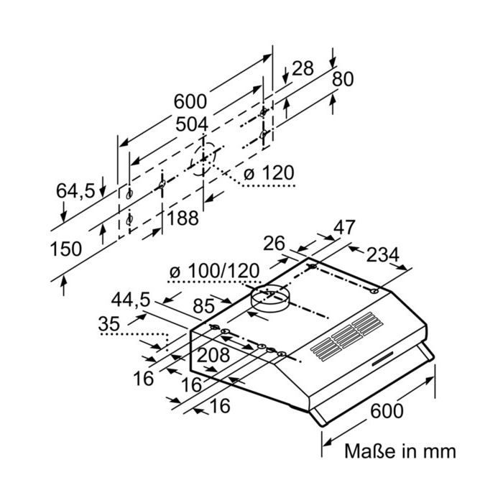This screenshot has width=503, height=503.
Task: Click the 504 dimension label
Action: point(192,124)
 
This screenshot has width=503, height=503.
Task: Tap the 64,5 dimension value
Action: point(75,191)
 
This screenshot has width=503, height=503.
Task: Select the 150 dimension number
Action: point(66,249)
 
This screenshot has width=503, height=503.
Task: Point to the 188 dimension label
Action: point(183,218)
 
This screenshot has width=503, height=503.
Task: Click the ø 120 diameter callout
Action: point(269,173)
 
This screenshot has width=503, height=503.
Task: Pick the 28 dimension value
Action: point(303,68)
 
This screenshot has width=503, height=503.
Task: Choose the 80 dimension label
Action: point(343,79)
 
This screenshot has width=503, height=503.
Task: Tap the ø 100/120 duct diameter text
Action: point(214,271)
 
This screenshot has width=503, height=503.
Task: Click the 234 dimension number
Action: point(383,255)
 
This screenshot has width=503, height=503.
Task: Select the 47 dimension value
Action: point(344,228)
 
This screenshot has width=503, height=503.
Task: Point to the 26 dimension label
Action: point(274,244)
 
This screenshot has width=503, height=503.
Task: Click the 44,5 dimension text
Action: point(131,300)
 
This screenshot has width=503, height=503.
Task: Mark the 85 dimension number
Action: point(203,306)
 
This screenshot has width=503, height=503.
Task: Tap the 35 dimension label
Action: point(109,324)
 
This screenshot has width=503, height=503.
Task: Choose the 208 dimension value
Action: point(213,356)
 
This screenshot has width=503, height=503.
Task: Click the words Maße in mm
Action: point(400,451)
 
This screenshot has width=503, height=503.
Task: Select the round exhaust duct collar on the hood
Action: point(269,297)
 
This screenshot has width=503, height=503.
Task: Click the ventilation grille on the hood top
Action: point(347,336)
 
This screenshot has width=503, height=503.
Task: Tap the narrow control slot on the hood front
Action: point(382,359)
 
